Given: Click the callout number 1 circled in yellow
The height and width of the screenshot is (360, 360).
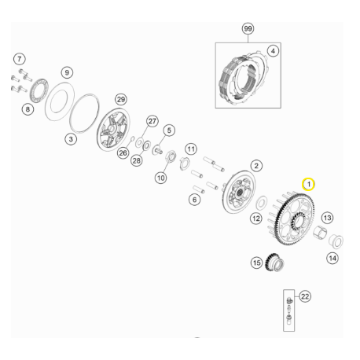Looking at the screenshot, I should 309,183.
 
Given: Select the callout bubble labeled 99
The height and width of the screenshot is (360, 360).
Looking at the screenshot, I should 248,29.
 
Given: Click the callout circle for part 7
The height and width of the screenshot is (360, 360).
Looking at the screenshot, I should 19,59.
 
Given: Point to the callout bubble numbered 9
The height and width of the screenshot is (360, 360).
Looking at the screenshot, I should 67,72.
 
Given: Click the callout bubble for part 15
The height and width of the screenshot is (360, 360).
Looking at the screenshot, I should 255,263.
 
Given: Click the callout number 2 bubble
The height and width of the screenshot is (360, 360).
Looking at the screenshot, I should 255,166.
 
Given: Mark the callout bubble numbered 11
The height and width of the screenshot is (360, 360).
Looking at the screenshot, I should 190,149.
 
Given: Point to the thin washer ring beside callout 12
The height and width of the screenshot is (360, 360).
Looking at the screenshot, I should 261,201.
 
